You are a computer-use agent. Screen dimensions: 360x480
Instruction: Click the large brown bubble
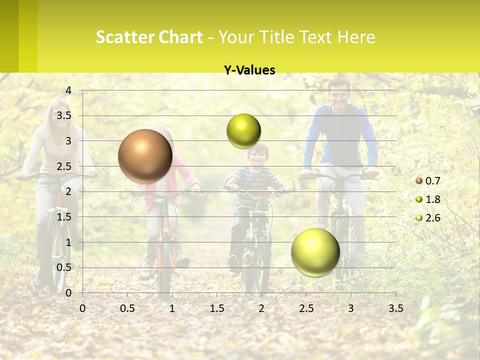click(x=145, y=156)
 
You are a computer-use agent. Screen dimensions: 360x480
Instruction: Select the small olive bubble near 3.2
click(x=243, y=131)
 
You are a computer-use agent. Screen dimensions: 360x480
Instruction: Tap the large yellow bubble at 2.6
click(x=315, y=252)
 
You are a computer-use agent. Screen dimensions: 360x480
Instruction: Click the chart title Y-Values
click(x=249, y=70)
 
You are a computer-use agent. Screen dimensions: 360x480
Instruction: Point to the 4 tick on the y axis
click(x=68, y=90)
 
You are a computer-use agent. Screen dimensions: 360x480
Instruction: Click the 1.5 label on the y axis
click(x=64, y=217)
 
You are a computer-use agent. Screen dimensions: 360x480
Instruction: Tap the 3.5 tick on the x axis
click(x=395, y=308)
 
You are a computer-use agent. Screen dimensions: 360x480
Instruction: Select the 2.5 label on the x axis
click(x=306, y=308)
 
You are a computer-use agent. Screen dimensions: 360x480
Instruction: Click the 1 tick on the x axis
click(x=172, y=308)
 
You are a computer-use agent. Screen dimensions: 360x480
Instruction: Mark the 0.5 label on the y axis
click(x=64, y=267)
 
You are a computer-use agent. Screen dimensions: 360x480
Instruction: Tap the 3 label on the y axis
click(x=68, y=141)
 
